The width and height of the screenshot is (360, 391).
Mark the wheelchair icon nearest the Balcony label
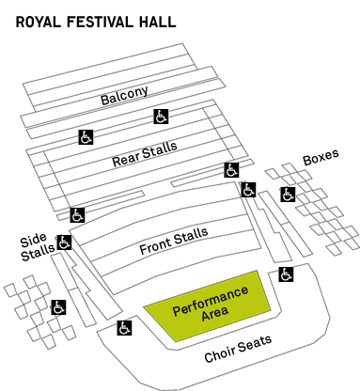(x=161, y=117)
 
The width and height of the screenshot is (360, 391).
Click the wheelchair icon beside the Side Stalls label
(x=65, y=242)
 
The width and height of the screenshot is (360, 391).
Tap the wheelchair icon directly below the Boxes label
(x=288, y=195)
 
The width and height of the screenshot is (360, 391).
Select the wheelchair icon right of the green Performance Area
(x=286, y=274)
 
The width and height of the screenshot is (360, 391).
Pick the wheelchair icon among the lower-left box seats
(x=57, y=307)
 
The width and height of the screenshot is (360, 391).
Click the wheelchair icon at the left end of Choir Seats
(x=124, y=328)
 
